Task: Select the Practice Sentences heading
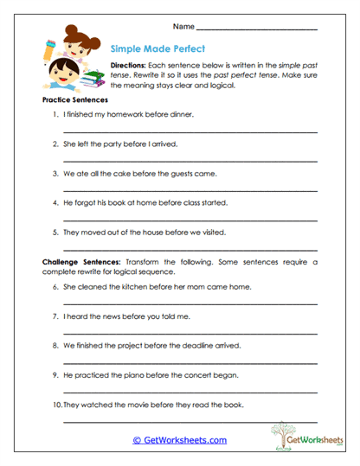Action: (74, 100)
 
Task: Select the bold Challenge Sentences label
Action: (81, 260)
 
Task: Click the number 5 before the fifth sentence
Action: (55, 232)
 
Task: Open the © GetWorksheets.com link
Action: (179, 440)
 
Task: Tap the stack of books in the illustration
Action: (93, 81)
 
